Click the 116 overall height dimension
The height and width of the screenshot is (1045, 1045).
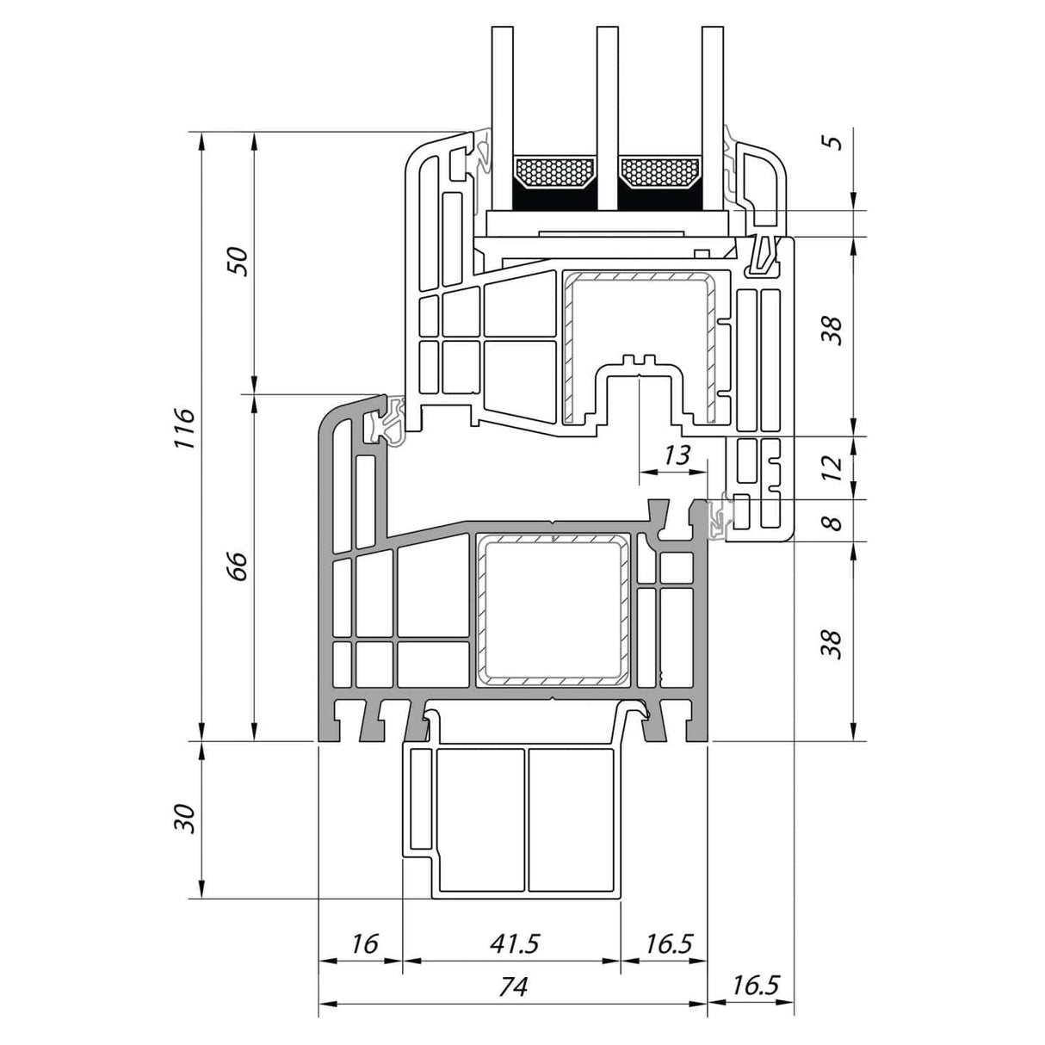point(185,427)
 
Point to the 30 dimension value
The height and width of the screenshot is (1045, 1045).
point(185,819)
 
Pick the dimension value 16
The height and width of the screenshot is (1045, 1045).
point(365,944)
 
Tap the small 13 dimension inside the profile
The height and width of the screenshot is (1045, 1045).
point(677,455)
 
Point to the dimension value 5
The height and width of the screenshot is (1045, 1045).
point(831,141)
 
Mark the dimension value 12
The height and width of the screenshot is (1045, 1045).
point(831,467)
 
